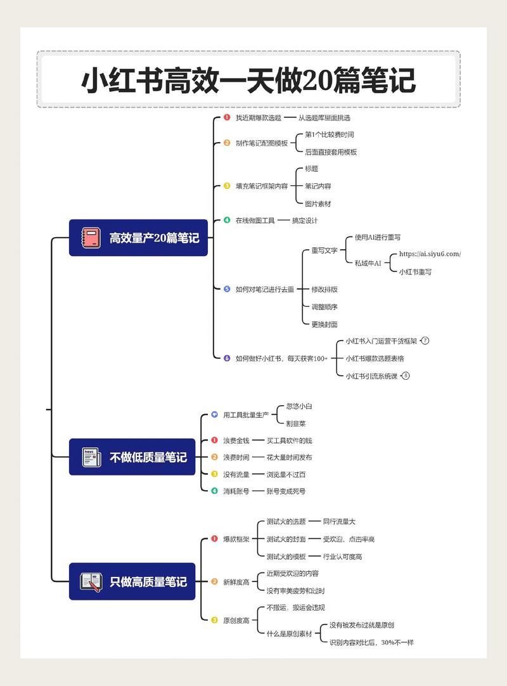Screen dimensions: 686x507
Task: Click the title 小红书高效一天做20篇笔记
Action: pyautogui.click(x=248, y=81)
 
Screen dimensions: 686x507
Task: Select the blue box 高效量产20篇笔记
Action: pyautogui.click(x=138, y=238)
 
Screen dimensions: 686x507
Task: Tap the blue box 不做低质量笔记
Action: pyautogui.click(x=132, y=456)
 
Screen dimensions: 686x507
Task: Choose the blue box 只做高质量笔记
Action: pyautogui.click(x=132, y=581)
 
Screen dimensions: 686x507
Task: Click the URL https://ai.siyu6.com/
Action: pyautogui.click(x=430, y=254)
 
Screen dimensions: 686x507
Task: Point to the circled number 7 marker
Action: pyautogui.click(x=425, y=340)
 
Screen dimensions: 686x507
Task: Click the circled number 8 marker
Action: pyautogui.click(x=406, y=375)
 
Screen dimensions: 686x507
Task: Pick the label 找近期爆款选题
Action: pyautogui.click(x=258, y=118)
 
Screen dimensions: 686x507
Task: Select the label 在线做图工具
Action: pyautogui.click(x=255, y=221)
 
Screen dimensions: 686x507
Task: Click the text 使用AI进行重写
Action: pyautogui.click(x=377, y=237)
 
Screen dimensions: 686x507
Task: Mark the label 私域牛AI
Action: pyautogui.click(x=368, y=262)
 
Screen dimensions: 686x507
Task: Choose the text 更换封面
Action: pyautogui.click(x=324, y=324)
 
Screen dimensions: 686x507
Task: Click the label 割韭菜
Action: pyautogui.click(x=295, y=423)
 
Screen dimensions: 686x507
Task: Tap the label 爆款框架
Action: pyautogui.click(x=236, y=539)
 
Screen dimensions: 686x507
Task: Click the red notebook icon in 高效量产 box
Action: pyautogui.click(x=90, y=238)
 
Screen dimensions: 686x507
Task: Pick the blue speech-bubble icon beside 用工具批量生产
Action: pyautogui.click(x=214, y=415)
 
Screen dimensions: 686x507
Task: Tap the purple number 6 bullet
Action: pyautogui.click(x=227, y=358)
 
